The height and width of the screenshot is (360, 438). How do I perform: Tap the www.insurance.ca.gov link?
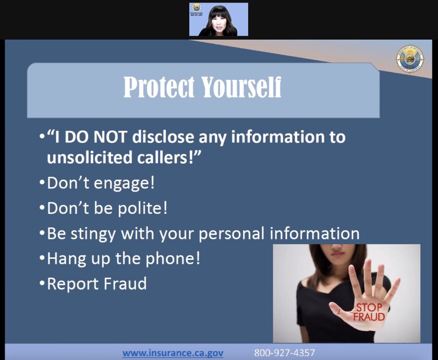pos(173,353)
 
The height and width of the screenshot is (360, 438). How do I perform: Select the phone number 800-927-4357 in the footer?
pos(284,353)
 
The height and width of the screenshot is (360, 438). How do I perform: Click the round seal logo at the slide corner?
pos(409,59)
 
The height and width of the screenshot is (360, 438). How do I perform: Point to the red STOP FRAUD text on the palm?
pos(369,312)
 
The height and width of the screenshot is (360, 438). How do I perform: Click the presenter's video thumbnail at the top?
pos(218,20)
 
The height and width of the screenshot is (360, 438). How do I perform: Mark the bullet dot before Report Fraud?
pos(42,284)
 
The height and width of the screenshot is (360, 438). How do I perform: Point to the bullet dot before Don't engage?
pos(42,184)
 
